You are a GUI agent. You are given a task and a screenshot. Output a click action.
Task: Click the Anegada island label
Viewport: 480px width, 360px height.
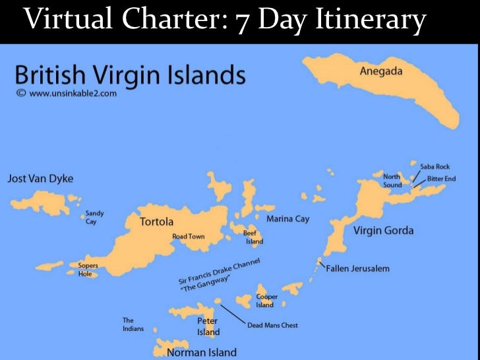click(380, 71)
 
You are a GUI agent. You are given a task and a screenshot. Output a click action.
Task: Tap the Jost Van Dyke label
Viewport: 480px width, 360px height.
click(40, 179)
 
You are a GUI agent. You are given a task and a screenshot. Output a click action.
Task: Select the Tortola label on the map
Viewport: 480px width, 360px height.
click(156, 222)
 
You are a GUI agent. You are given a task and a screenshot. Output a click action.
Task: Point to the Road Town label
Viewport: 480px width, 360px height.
click(189, 236)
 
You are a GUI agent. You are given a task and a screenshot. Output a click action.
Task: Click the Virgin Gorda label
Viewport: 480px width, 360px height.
click(383, 230)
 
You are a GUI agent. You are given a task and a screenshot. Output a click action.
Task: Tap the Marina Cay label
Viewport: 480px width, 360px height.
click(287, 219)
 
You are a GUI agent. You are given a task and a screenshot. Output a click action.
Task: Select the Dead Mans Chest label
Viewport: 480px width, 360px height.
click(272, 325)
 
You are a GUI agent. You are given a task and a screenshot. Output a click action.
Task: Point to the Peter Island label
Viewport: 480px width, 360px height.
click(208, 326)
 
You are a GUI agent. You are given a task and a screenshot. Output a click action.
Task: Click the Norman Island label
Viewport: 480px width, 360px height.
click(202, 352)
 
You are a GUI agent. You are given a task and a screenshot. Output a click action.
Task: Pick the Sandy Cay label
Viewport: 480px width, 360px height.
click(94, 218)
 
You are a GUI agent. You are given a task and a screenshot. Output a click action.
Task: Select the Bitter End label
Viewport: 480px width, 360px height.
click(442, 179)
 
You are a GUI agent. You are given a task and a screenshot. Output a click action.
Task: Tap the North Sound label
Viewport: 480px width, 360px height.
click(392, 180)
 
